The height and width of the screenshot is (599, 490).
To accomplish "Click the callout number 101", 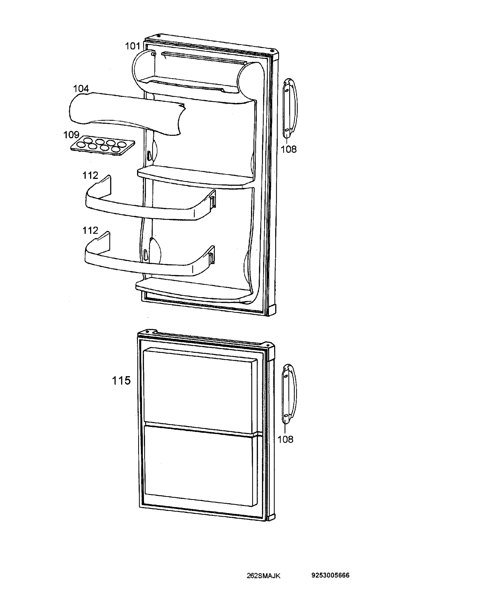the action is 132,46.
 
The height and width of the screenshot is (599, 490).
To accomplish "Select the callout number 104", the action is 81,89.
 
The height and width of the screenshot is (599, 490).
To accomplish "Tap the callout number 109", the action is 71,135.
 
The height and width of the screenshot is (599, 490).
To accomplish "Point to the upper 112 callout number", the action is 90,175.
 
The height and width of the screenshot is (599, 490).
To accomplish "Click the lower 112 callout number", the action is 90,230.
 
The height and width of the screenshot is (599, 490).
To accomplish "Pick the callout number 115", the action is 121,380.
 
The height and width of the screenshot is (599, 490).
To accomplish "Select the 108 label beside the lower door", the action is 285,439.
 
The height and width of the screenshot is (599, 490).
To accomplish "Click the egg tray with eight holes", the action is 102,145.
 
